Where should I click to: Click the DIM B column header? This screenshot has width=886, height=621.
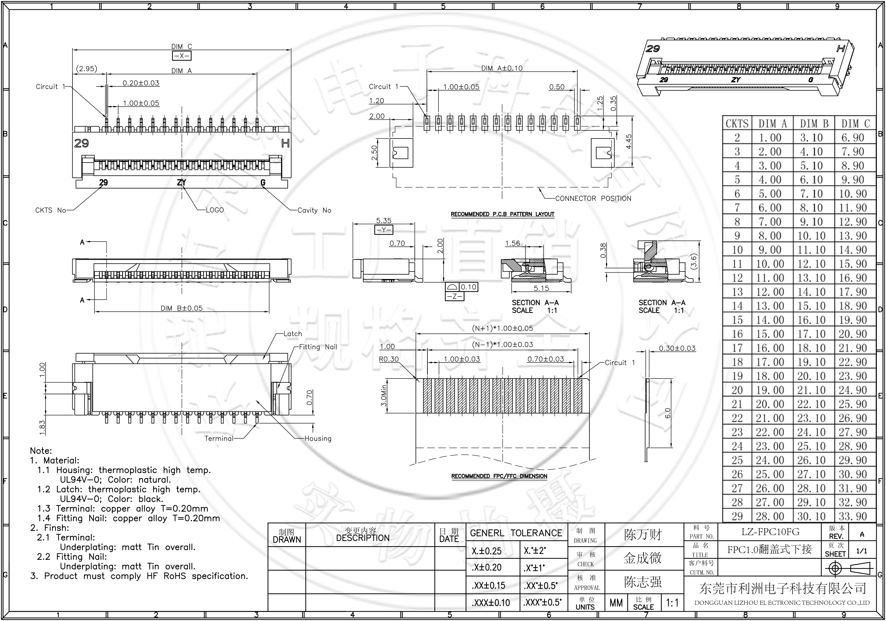[814, 123]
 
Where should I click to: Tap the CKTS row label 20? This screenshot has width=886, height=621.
[737, 390]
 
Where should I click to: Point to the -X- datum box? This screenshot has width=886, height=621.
[181, 56]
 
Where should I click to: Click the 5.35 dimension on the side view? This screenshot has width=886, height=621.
[384, 220]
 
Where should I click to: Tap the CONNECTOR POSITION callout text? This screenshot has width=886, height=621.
[593, 199]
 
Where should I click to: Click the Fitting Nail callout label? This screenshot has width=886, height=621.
[318, 347]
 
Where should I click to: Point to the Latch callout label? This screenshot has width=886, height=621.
[292, 334]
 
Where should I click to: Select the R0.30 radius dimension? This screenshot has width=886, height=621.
[389, 359]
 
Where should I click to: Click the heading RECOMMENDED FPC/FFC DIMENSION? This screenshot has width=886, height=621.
[499, 476]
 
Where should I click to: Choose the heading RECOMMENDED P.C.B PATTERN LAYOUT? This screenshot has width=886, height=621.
[502, 214]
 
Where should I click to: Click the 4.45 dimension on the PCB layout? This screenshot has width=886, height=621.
[629, 141]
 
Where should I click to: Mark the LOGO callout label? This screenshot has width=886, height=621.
[215, 210]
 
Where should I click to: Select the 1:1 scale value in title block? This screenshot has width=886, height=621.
[672, 602]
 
